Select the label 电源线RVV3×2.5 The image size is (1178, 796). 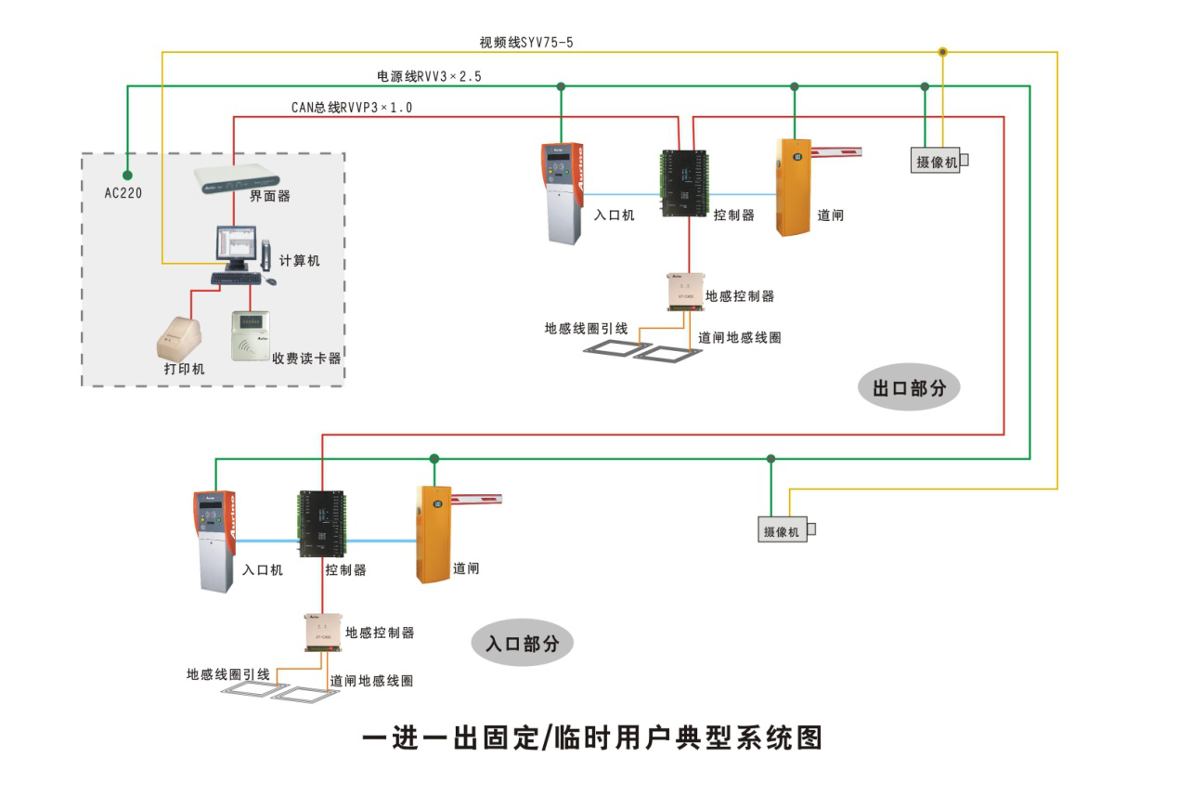[428, 76]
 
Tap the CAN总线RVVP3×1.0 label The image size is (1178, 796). [352, 108]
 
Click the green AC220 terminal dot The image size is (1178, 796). [127, 175]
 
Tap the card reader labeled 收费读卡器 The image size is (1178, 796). [250, 334]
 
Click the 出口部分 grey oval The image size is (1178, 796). [909, 388]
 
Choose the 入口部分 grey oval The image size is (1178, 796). [523, 643]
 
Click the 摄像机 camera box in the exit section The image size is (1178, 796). [937, 161]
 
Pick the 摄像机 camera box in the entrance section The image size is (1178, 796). [783, 530]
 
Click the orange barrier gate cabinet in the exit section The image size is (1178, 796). [792, 187]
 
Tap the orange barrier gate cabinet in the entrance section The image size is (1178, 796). [433, 535]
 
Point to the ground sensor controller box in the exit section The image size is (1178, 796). [684, 291]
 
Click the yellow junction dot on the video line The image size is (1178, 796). [942, 52]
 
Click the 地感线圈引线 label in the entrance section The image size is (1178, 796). [228, 674]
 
